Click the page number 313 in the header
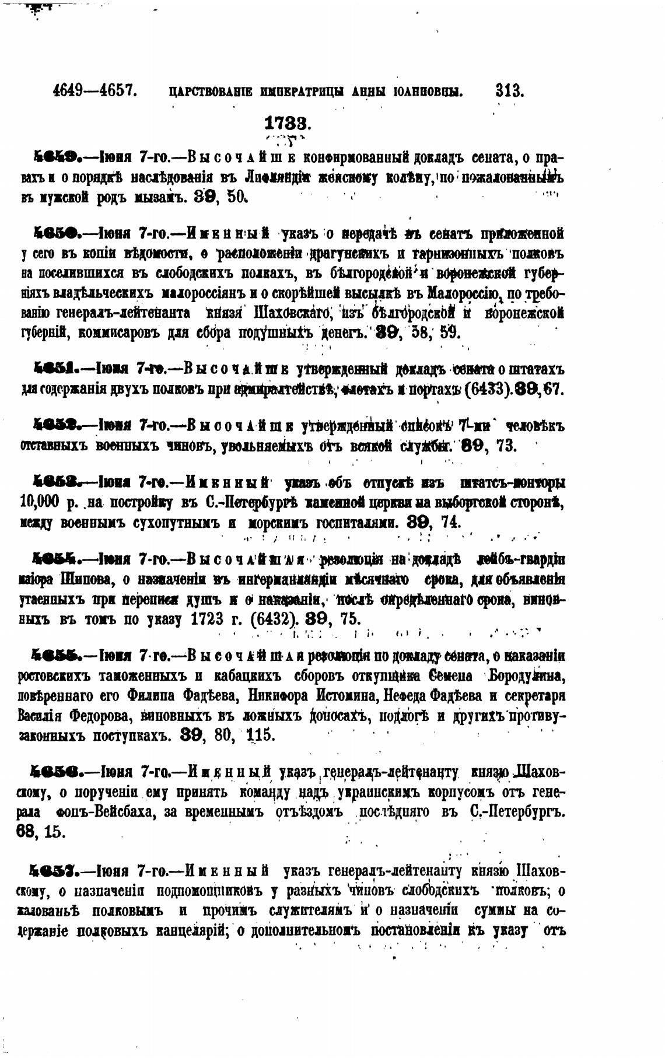click(509, 91)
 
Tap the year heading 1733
click(288, 123)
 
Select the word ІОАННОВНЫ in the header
click(428, 92)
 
